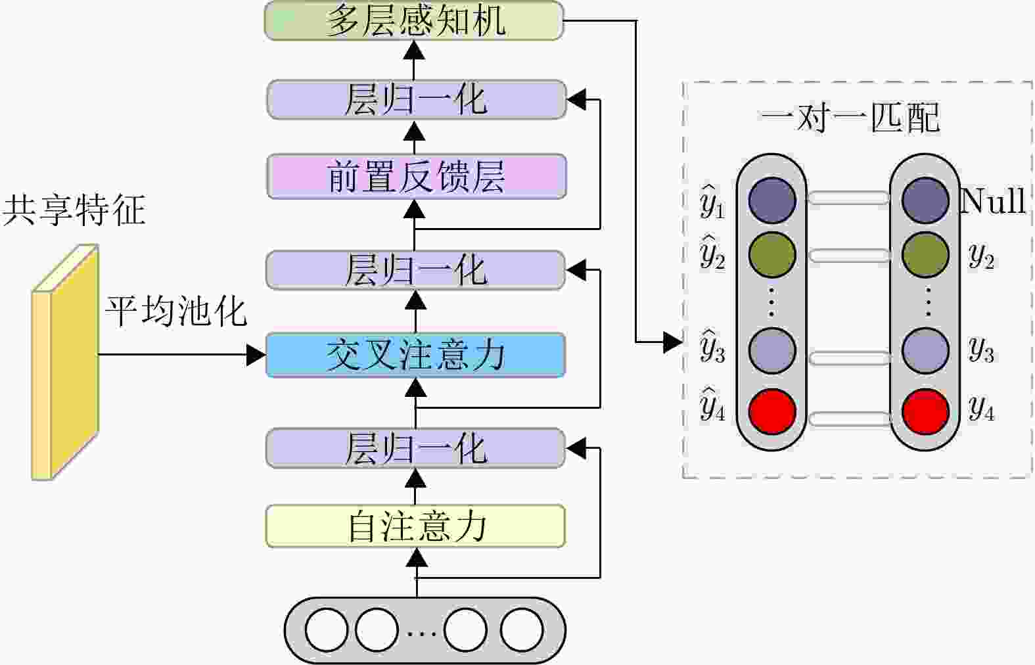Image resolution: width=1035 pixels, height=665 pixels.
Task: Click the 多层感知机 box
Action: pos(414,20)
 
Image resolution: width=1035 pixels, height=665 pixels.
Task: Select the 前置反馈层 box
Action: pos(417,177)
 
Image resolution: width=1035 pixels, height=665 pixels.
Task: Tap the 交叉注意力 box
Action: pos(415,355)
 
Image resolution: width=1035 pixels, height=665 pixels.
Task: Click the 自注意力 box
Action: pos(415,526)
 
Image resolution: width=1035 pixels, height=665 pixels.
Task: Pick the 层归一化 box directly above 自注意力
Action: pos(415,448)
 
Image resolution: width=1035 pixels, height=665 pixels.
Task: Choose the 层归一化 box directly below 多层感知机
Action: pos(417,100)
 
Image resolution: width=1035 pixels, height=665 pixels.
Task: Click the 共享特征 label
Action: pos(74,210)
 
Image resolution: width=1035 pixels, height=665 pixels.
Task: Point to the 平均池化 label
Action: pos(176,311)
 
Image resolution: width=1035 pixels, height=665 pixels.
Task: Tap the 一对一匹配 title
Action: pos(851,118)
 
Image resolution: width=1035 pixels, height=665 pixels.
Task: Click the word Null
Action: pos(993,201)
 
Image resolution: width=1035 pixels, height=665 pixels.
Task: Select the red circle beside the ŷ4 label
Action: pos(773,411)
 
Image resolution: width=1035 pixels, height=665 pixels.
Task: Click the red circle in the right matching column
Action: pos(925,411)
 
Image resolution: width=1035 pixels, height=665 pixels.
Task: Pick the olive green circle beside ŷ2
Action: pos(772,255)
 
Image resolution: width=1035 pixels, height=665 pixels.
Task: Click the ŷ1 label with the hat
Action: pos(712,203)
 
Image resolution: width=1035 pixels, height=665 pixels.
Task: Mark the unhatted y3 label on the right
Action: pos(981,350)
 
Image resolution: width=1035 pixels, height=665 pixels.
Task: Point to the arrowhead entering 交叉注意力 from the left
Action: pos(256,355)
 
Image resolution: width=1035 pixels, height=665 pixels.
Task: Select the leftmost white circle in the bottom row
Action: pos(327,630)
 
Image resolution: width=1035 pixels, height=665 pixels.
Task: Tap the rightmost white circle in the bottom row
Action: pos(522,630)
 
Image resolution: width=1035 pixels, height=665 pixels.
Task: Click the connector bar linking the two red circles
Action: pos(848,418)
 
